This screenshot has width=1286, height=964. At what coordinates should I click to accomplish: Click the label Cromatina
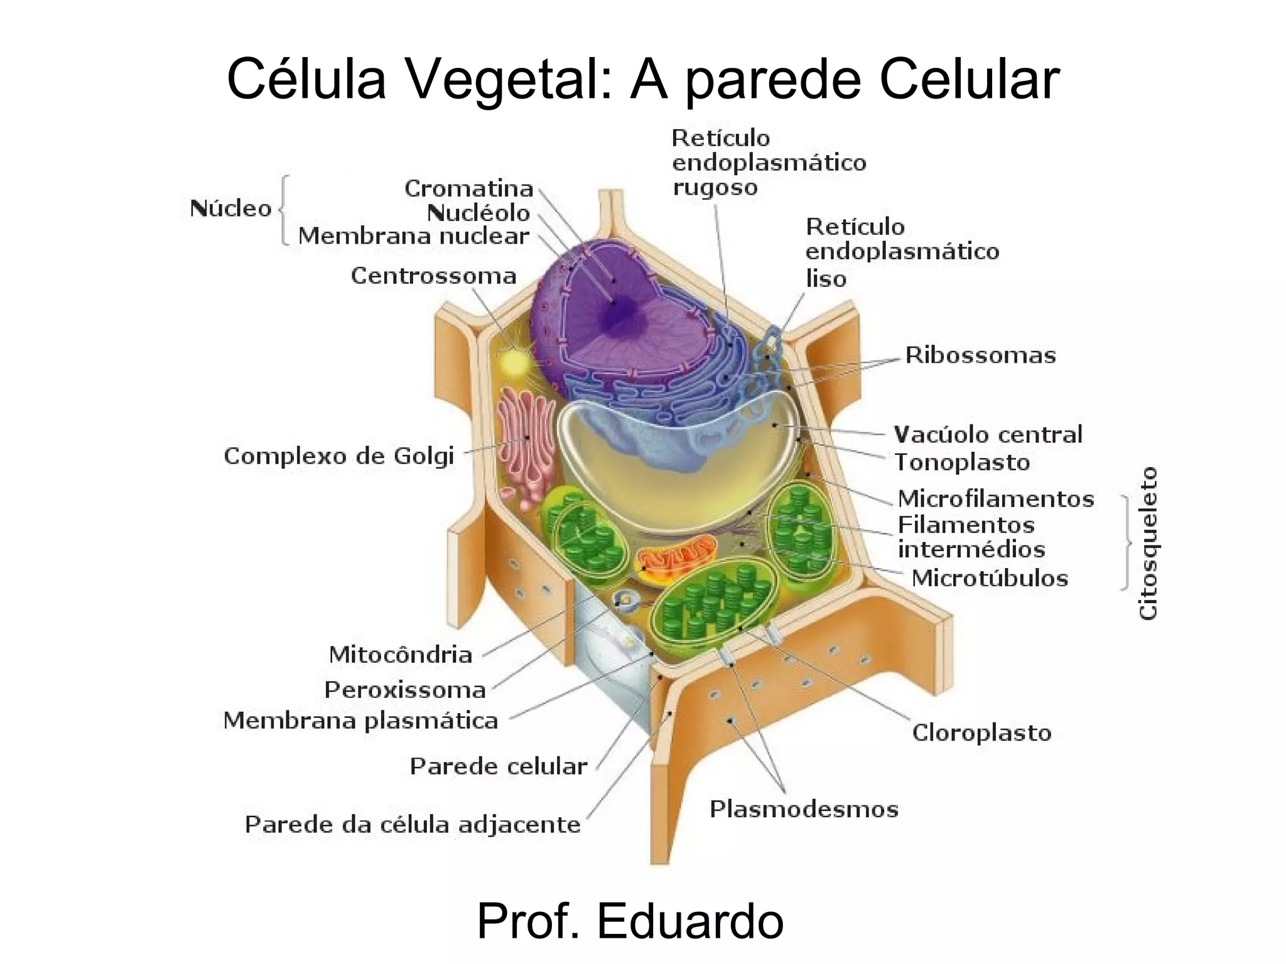click(468, 188)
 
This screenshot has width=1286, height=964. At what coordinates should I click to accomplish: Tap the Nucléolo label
click(478, 213)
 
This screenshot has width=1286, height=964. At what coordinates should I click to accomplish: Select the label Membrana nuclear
click(413, 236)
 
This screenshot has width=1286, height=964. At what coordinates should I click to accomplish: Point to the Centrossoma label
click(433, 276)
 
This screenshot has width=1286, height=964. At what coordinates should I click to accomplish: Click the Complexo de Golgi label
click(338, 456)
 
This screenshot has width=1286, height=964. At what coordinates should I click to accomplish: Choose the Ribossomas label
click(980, 355)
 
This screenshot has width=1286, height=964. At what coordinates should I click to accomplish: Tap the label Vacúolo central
click(988, 434)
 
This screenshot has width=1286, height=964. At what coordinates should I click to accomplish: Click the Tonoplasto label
click(962, 463)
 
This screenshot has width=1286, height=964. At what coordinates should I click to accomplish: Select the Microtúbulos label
click(989, 578)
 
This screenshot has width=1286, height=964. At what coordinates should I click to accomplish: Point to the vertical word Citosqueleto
click(1148, 544)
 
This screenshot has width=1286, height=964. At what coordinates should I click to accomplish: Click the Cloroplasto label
click(981, 732)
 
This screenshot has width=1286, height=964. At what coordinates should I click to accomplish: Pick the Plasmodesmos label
click(804, 809)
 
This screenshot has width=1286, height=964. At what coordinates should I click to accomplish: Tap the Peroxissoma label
click(405, 690)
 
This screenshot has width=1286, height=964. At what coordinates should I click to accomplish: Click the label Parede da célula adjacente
click(413, 824)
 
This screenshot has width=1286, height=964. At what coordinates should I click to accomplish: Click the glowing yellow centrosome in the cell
click(514, 363)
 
